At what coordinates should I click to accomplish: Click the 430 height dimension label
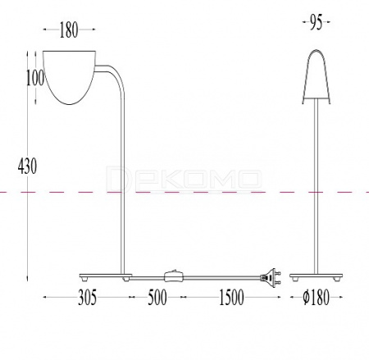coord(27,166)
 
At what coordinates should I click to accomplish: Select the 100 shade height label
coord(35,78)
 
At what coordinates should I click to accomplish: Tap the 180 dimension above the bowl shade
coord(69,30)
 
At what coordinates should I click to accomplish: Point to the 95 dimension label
coord(317,22)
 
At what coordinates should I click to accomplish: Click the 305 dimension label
coord(88,298)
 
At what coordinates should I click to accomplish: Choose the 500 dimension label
coord(157,298)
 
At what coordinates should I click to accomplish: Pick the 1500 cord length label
coord(231,298)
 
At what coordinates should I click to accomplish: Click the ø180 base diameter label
coord(317,298)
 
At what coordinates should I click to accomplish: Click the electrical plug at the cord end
coord(270,277)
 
